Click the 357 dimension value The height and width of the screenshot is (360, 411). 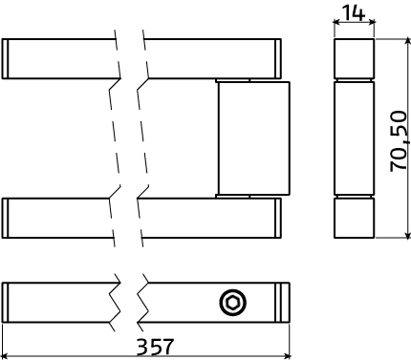point(155,347)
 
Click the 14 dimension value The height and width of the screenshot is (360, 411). point(354,13)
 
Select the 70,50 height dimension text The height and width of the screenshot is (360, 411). point(399,141)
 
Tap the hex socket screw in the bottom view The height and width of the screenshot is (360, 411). point(233,303)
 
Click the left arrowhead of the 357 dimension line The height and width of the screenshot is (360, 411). point(6,355)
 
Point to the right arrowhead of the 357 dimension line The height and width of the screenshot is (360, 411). point(286,355)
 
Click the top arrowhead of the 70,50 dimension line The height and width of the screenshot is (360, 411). point(407,42)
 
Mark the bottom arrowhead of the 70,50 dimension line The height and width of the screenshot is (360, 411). point(407,234)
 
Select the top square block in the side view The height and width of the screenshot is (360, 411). point(354,58)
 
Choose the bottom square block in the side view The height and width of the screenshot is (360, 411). point(354,218)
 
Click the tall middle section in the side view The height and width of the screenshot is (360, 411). point(354,138)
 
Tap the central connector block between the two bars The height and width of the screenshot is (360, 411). point(254,138)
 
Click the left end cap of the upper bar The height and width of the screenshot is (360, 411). point(5,58)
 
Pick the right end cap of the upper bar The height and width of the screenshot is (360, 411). point(278,58)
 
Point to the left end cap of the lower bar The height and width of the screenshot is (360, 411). point(5,218)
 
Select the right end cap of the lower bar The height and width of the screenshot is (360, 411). point(278,218)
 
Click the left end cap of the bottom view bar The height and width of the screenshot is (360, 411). point(5,303)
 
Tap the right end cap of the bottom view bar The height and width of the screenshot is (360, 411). point(282,303)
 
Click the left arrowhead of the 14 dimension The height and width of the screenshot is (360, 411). point(337,22)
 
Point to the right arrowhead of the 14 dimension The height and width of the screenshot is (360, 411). point(371,22)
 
